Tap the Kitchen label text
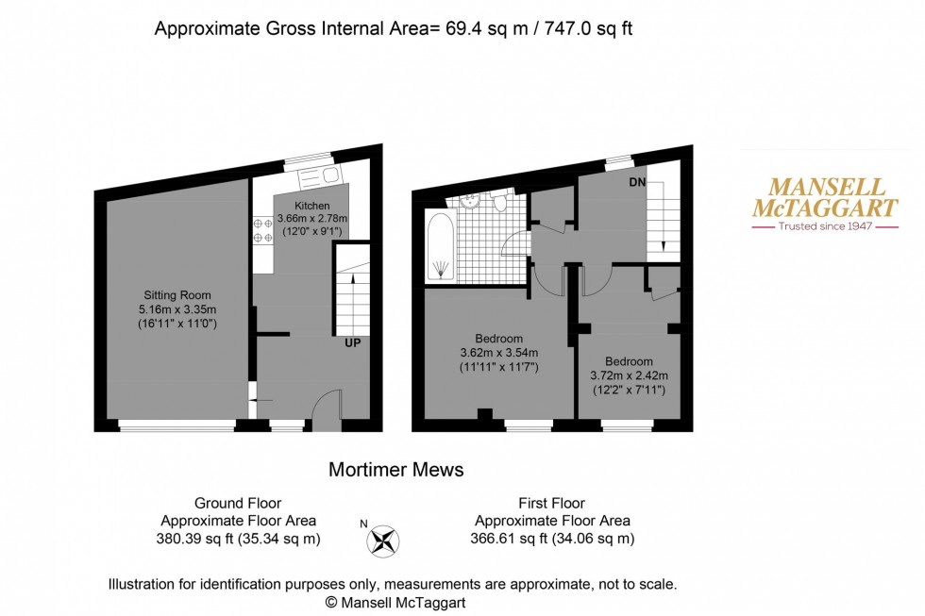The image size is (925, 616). (311, 206)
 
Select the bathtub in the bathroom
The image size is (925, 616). (441, 247)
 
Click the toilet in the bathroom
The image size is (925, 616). (501, 202)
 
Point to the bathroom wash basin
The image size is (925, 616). (470, 200)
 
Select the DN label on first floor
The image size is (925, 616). (638, 182)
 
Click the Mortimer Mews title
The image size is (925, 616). (395, 469)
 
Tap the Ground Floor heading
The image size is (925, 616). (238, 504)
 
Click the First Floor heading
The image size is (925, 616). (551, 504)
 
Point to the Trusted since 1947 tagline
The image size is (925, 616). (824, 226)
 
